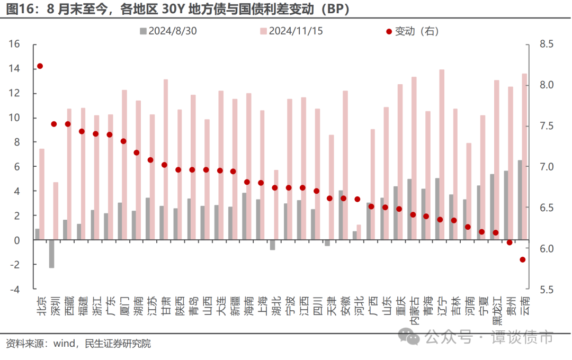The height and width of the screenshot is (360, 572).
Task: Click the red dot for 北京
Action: click(40, 66)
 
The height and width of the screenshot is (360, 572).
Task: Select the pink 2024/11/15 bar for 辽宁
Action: click(442, 154)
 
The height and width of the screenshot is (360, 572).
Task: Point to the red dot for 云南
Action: click(522, 259)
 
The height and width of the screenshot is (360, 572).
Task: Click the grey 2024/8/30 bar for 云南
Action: click(520, 200)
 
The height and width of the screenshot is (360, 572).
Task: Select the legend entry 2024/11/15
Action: click(291, 31)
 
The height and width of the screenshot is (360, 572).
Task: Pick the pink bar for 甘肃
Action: click(166, 159)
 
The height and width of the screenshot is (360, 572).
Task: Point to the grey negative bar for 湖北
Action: click(272, 245)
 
